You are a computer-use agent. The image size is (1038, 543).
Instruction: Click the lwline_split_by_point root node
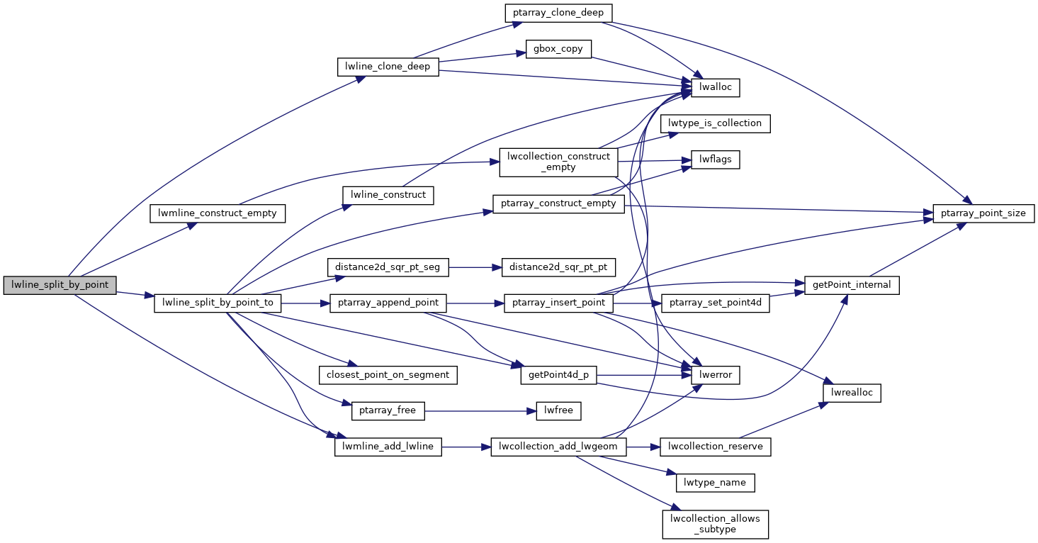pyautogui.click(x=60, y=285)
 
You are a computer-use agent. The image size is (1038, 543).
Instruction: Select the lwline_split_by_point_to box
pyautogui.click(x=218, y=303)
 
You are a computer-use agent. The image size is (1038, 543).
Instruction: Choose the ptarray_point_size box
pyautogui.click(x=984, y=213)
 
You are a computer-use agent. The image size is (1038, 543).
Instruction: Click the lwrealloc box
pyautogui.click(x=852, y=393)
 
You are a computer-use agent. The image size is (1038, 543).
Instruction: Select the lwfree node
pyautogui.click(x=558, y=410)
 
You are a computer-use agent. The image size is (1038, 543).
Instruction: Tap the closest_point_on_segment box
pyautogui.click(x=388, y=374)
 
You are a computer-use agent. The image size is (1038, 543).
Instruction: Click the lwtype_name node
pyautogui.click(x=716, y=483)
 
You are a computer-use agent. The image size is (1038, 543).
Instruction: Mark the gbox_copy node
pyautogui.click(x=558, y=50)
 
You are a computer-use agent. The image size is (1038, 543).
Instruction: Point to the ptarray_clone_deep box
pyautogui.click(x=558, y=13)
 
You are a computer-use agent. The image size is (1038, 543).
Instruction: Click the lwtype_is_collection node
pyautogui.click(x=716, y=123)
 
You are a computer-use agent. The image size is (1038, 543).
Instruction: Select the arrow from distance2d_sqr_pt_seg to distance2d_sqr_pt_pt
pyautogui.click(x=475, y=267)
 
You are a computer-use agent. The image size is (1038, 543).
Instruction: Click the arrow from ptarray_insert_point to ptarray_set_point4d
pyautogui.click(x=637, y=303)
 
